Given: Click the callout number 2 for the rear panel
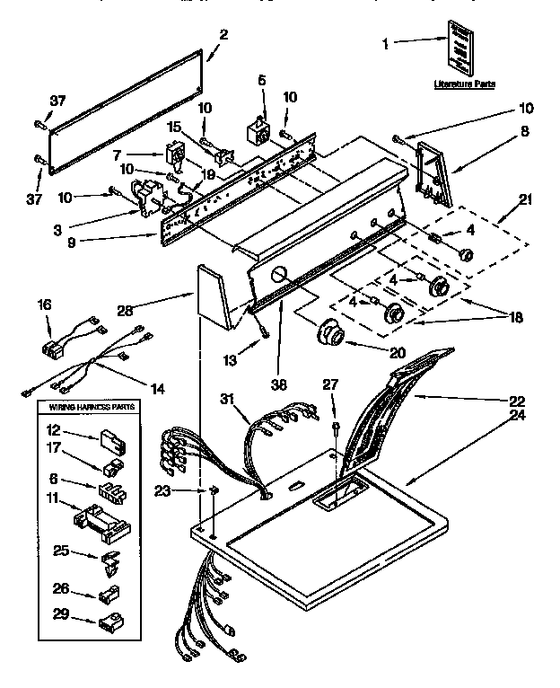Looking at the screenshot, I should point(223,35).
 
